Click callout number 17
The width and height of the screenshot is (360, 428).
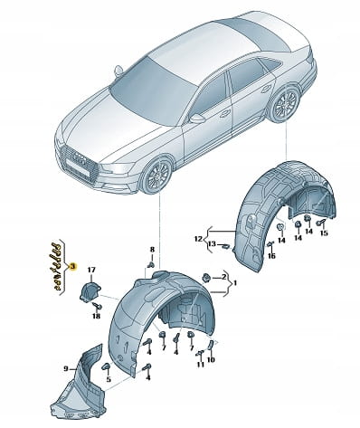tap(90, 271)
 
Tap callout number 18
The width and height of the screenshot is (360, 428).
tap(96, 316)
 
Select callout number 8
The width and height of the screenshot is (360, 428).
tap(152, 250)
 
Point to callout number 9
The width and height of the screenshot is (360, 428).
tap(65, 368)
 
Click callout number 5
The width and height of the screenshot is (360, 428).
tap(109, 379)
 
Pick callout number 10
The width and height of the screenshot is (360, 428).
tap(211, 359)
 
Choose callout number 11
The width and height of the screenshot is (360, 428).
tap(201, 365)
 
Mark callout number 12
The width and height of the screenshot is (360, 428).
tap(198, 239)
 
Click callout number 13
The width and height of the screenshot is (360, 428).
tap(213, 243)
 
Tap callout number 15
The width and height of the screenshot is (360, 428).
tap(324, 233)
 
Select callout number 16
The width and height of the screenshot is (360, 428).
tap(271, 256)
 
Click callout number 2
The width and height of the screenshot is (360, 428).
tap(223, 277)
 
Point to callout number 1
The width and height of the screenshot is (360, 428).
tap(235, 283)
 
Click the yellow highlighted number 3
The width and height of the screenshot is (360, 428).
tap(72, 266)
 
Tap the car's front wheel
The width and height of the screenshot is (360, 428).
tap(156, 174)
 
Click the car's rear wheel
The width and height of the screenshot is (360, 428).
tap(285, 104)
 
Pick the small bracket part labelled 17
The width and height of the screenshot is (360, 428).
tap(90, 290)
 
